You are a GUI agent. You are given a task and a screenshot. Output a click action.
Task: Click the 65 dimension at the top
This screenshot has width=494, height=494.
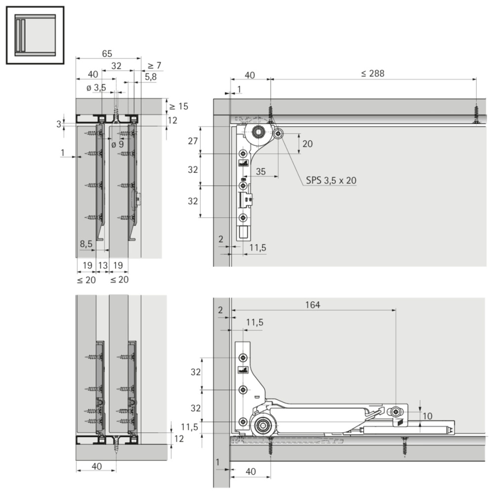pyautogui.click(x=107, y=53)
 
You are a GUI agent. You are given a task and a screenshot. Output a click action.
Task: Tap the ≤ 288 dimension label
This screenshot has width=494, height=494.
pyautogui.click(x=372, y=74)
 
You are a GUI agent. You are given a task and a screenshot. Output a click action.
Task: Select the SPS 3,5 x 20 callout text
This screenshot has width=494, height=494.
pyautogui.click(x=331, y=180)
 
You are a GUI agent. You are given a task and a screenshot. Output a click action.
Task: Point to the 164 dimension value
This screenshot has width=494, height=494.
pyautogui.click(x=313, y=305)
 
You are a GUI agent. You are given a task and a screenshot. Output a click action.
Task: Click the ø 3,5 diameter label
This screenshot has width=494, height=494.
pyautogui.click(x=96, y=87)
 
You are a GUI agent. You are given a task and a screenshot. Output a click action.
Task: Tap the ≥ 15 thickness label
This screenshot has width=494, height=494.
pyautogui.click(x=179, y=107)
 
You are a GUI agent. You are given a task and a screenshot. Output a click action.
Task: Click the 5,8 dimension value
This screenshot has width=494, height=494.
pyautogui.click(x=151, y=77)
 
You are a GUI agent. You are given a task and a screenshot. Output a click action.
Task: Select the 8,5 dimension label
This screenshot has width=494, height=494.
pyautogui.click(x=85, y=244)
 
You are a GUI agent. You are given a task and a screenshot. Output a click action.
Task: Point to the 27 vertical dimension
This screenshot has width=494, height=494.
pyautogui.click(x=193, y=141)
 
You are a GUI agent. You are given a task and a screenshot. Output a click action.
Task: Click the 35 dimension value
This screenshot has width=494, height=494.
pyautogui.click(x=260, y=172)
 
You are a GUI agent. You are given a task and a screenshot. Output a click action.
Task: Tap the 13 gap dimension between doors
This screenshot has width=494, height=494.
pyautogui.click(x=103, y=265)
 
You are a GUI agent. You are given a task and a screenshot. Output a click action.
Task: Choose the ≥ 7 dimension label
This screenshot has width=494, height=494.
pyautogui.click(x=154, y=66)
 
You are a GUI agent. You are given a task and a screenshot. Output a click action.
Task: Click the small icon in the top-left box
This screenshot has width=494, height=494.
pyautogui.click(x=35, y=35)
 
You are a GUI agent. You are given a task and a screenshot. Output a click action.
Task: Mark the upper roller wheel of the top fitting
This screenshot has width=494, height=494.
pyautogui.click(x=258, y=132)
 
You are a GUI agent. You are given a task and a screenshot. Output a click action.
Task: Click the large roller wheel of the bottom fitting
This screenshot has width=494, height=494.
pyautogui.click(x=261, y=426)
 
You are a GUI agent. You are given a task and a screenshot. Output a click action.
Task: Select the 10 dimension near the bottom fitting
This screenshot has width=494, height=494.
pyautogui.click(x=427, y=416)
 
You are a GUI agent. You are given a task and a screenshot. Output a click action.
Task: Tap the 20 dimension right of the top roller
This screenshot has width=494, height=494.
pyautogui.click(x=307, y=144)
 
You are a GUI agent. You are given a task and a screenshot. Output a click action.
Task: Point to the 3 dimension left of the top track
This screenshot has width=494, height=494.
pyautogui.click(x=59, y=124)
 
